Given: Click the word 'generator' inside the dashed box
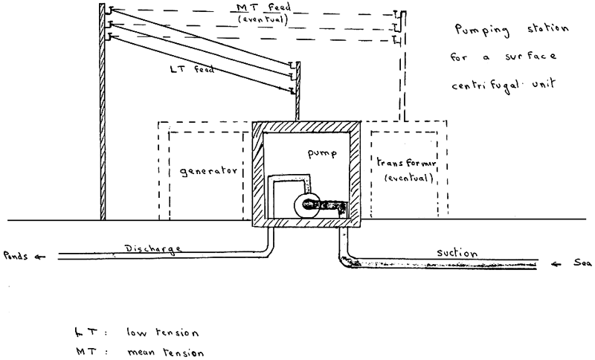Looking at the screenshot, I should click(208, 170).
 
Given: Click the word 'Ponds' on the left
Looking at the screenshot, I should click(15, 257).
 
